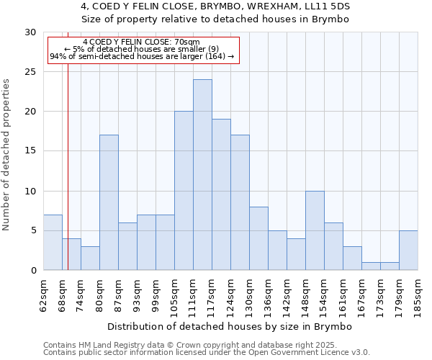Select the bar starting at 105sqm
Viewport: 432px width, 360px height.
184,191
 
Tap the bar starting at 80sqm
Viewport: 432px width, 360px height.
109,202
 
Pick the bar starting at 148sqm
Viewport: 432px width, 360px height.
315,230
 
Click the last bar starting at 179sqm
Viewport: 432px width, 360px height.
408,251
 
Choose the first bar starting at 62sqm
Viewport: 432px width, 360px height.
53,243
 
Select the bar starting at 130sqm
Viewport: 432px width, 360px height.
258,238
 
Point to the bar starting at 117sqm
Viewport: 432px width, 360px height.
221,194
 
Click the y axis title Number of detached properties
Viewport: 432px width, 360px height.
7,155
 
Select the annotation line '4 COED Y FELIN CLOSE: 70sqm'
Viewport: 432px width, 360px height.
142,42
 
